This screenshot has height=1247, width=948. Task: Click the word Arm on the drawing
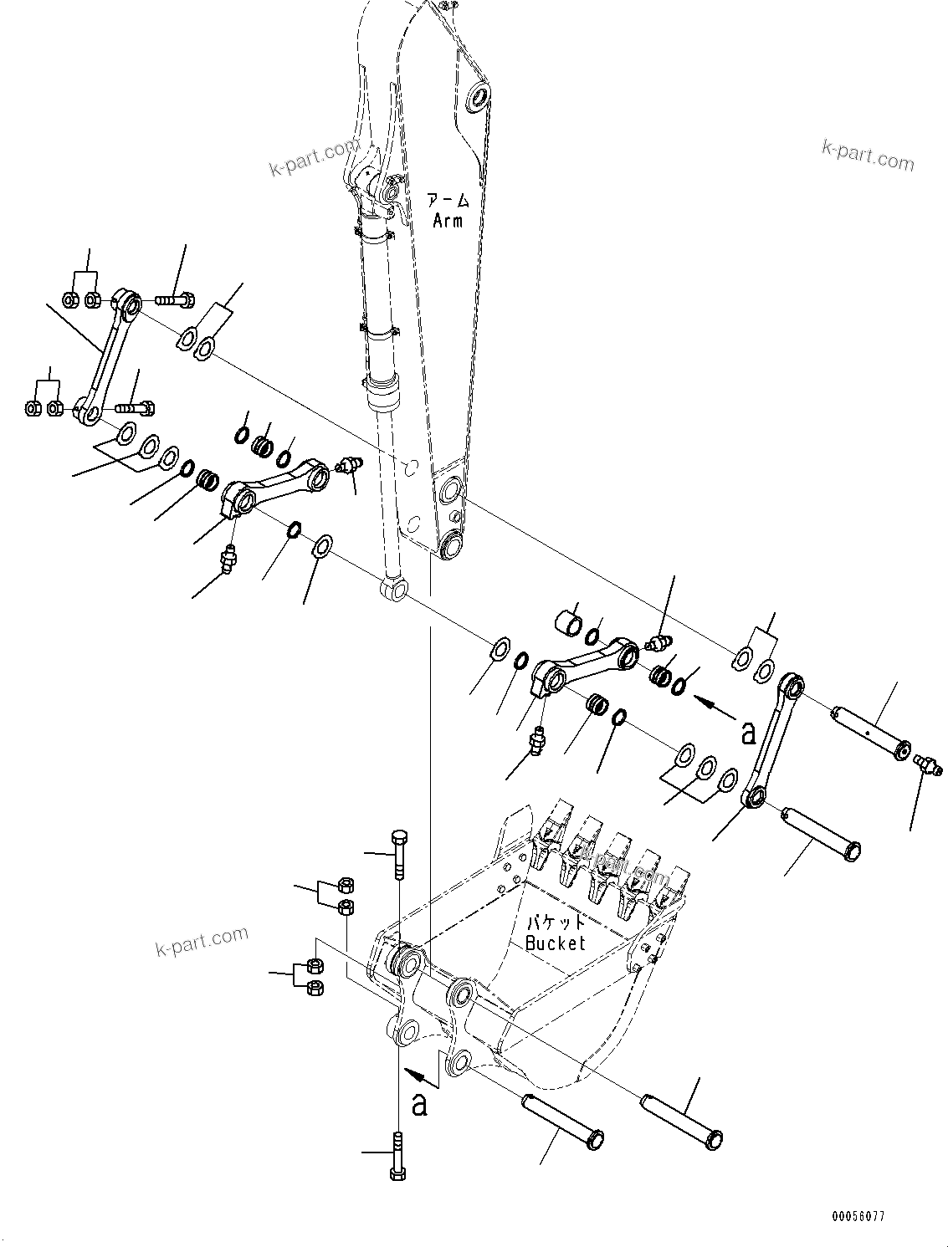tap(448, 221)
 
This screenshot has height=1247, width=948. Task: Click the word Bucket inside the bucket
tap(556, 943)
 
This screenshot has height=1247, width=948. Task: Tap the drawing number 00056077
tap(858, 1216)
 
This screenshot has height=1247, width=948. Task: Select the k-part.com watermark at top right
tap(868, 155)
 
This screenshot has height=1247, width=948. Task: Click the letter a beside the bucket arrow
tap(419, 1104)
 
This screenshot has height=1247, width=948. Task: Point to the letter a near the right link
tap(749, 732)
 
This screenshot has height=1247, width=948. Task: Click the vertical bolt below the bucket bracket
tap(397, 1154)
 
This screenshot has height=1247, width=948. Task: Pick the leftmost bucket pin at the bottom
tap(562, 1121)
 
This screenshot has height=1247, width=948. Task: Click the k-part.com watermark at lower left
tap(202, 941)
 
